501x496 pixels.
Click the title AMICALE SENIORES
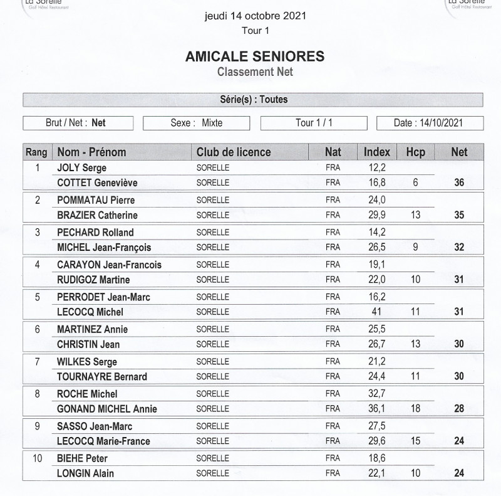tap(255, 56)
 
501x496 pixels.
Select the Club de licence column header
tap(234, 152)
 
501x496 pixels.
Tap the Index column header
tap(377, 152)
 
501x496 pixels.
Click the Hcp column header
tap(415, 152)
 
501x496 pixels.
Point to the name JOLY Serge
tap(81, 168)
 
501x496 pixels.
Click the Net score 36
tap(459, 183)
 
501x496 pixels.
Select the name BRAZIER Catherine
tap(97, 215)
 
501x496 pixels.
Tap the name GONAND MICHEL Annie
tap(106, 409)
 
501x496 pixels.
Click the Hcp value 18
tap(415, 409)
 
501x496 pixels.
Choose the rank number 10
tap(37, 458)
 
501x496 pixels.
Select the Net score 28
tap(459, 409)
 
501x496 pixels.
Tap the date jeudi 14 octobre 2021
tap(255, 16)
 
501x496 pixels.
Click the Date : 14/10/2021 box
tap(430, 123)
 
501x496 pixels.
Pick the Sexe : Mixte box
tap(196, 123)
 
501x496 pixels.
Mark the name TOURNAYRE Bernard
tap(102, 376)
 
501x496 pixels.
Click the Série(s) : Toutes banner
tap(254, 100)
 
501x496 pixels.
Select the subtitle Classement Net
tap(255, 71)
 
